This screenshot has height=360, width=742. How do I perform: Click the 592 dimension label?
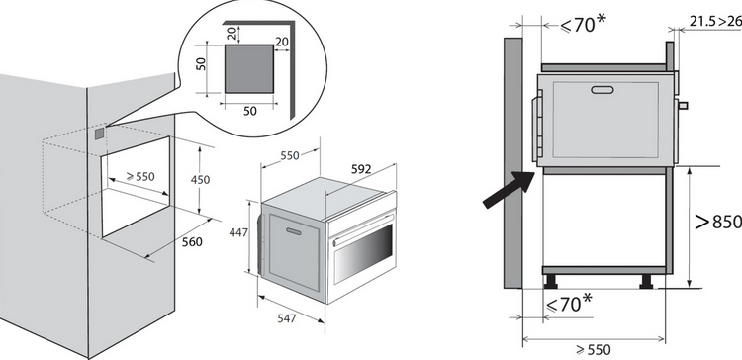pyautogui.click(x=361, y=169)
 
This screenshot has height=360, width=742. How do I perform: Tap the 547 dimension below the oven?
pyautogui.click(x=287, y=318)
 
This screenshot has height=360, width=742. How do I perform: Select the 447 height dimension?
pyautogui.click(x=238, y=232)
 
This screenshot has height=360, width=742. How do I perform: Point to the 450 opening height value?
pyautogui.click(x=200, y=180)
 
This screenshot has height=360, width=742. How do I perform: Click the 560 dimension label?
pyautogui.click(x=192, y=242)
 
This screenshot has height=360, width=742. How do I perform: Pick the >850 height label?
pyautogui.click(x=718, y=222)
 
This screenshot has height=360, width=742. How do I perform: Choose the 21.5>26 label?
pyautogui.click(x=715, y=22)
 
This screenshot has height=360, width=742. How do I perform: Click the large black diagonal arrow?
pyautogui.click(x=510, y=189)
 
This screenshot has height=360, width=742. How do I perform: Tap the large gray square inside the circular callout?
pyautogui.click(x=249, y=69)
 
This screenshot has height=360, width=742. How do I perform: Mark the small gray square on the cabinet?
pyautogui.click(x=99, y=134)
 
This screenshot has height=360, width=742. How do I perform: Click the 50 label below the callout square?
pyautogui.click(x=250, y=111)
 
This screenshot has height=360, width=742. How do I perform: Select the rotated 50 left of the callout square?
pyautogui.click(x=202, y=64)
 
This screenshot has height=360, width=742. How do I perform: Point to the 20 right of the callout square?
pyautogui.click(x=282, y=43)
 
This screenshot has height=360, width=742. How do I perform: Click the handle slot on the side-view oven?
pyautogui.click(x=602, y=90)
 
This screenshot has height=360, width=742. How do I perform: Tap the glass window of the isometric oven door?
pyautogui.click(x=363, y=255)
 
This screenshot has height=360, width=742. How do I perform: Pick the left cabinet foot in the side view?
pyautogui.click(x=551, y=281)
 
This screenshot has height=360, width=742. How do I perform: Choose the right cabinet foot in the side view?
pyautogui.click(x=646, y=281)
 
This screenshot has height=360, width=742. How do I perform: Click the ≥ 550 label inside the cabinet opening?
pyautogui.click(x=140, y=176)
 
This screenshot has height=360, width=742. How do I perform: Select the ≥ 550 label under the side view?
pyautogui.click(x=594, y=350)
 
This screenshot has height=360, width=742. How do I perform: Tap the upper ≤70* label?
pyautogui.click(x=583, y=23)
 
